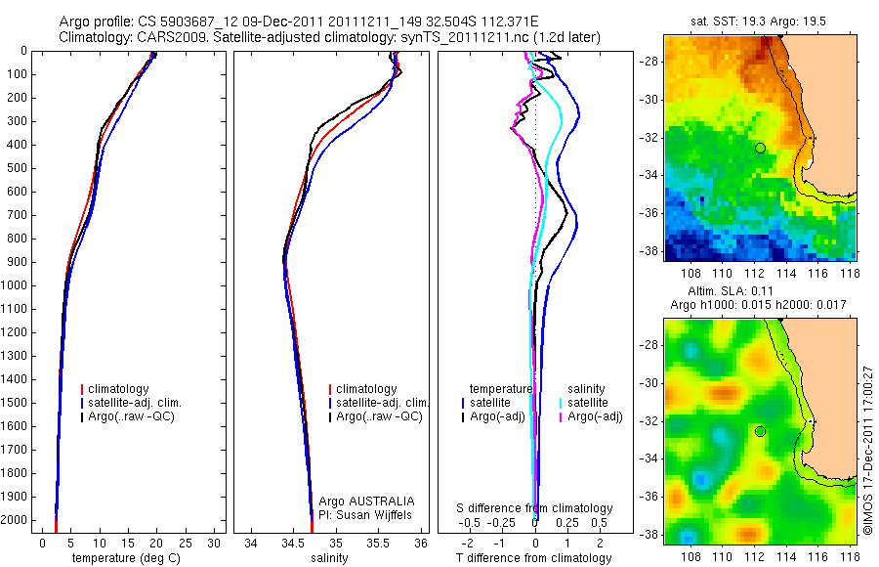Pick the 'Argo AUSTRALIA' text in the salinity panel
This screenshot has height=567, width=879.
click(x=367, y=501)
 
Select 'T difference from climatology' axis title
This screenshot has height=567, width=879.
click(x=534, y=558)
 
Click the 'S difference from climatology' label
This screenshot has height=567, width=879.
click(x=535, y=508)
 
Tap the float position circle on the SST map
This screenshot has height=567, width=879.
click(x=760, y=148)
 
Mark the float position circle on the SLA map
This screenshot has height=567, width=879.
click(x=760, y=431)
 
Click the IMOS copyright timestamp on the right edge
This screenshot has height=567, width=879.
click(x=867, y=451)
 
